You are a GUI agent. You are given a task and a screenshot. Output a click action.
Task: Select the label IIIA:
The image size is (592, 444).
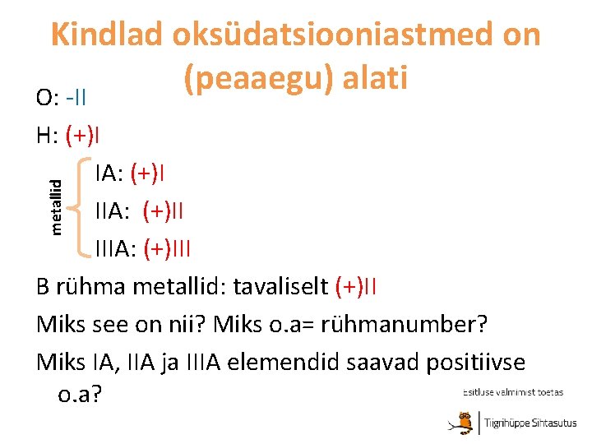point(116,248)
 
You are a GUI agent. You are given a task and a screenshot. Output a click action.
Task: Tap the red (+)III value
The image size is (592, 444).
point(167,248)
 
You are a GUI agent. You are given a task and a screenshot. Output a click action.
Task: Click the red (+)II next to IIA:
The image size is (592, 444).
point(163,211)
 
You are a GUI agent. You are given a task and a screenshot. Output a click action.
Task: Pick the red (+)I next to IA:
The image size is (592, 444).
point(151,173)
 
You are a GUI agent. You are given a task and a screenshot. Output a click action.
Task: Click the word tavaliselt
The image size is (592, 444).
point(282,286)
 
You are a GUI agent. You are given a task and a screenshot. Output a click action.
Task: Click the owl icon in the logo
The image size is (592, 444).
point(465,423)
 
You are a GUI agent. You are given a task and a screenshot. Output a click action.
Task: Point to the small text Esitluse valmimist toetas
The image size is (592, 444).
point(513,393)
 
